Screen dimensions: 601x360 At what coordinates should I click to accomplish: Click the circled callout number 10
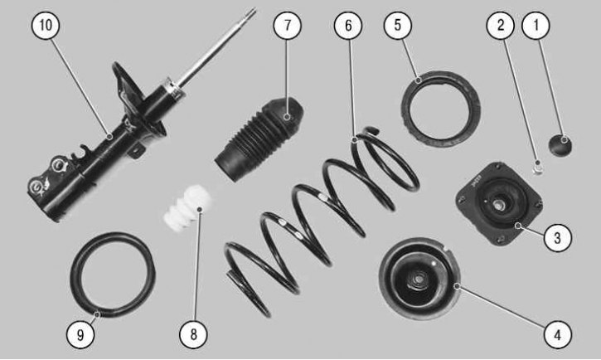click(x=46, y=26)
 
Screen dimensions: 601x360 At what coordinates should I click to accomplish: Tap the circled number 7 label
click(x=287, y=26)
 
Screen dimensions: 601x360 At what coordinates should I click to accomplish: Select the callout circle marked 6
click(x=348, y=26)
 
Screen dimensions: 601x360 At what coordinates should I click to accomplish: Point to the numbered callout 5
click(x=397, y=26)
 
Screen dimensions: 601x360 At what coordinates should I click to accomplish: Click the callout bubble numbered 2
click(x=501, y=26)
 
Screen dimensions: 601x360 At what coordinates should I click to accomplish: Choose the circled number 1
click(x=536, y=26)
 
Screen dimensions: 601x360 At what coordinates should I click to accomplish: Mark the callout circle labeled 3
click(x=557, y=238)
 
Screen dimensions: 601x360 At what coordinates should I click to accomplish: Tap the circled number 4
click(x=557, y=334)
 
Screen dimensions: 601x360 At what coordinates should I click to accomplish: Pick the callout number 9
click(x=80, y=334)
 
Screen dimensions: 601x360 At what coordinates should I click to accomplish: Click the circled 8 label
click(x=193, y=334)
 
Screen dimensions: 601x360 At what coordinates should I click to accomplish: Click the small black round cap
click(x=560, y=145)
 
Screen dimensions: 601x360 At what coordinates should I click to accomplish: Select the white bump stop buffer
click(x=187, y=208)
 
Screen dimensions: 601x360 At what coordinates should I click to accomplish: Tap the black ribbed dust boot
click(x=259, y=139)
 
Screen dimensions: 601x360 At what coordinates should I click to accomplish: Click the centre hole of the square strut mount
click(x=499, y=205)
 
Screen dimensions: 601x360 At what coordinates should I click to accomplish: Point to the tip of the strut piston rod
click(x=253, y=10)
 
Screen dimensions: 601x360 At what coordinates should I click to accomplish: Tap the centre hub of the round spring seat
click(x=418, y=279)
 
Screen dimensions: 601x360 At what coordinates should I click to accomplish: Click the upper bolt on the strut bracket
click(x=58, y=164)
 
